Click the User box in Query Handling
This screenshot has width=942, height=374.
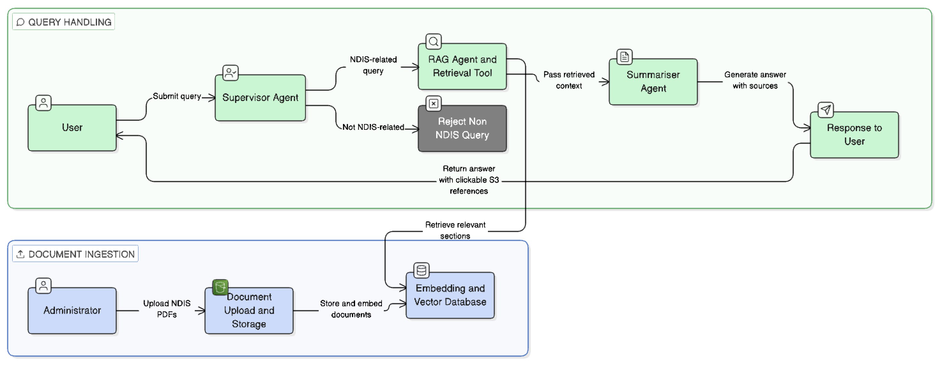[72, 128]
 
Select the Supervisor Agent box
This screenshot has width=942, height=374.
[260, 98]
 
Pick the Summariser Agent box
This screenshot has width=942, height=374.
[653, 82]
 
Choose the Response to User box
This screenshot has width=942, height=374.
[854, 135]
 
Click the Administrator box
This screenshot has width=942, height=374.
[72, 310]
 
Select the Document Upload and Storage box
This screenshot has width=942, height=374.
[249, 311]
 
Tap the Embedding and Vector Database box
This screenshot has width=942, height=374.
[450, 295]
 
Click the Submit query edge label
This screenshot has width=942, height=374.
[177, 96]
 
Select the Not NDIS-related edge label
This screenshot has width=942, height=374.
[373, 127]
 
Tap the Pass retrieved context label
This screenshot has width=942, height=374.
[569, 80]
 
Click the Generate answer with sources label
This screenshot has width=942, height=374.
[755, 80]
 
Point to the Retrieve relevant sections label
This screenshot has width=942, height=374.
[455, 230]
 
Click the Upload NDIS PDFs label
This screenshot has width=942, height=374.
[167, 309]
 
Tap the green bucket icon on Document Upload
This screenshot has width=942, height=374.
[220, 287]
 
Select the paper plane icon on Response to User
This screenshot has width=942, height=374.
[825, 110]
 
